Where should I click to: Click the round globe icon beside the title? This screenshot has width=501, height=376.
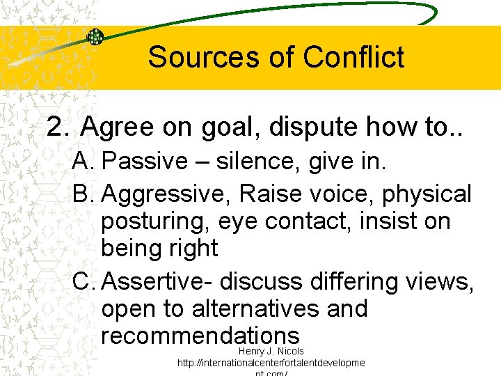(95, 37)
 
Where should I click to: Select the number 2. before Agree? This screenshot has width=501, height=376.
(58, 127)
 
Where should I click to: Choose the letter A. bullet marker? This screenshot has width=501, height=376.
(83, 162)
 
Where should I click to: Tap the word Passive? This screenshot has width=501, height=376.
(143, 162)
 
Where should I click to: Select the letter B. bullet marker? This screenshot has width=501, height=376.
(83, 194)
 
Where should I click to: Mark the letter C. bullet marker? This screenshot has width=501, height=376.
(84, 281)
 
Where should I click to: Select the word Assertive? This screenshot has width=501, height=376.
(156, 281)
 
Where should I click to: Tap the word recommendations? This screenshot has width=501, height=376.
(200, 336)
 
